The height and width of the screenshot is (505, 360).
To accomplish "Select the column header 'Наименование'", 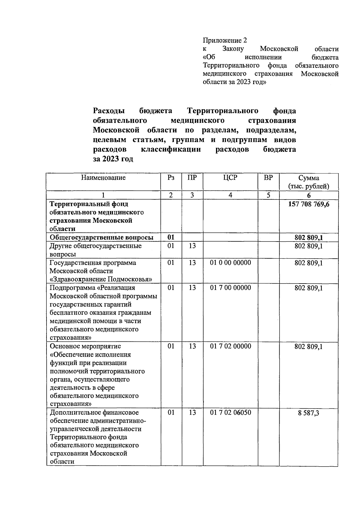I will [x=103, y=178].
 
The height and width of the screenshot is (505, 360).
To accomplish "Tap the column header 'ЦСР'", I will [x=230, y=178].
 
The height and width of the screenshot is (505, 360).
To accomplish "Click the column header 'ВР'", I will [x=268, y=178].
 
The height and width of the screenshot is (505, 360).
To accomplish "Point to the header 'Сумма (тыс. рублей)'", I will [x=308, y=182].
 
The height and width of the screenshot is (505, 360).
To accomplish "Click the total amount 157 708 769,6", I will [x=308, y=204].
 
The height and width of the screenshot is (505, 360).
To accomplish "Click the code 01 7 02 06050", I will [x=230, y=413].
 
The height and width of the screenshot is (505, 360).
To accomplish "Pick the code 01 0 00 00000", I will [x=230, y=263].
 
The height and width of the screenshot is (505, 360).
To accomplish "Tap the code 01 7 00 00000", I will [x=230, y=288].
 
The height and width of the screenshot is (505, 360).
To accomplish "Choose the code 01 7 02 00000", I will [x=230, y=346].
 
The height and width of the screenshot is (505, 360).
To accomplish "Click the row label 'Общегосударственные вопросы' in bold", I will [x=101, y=238].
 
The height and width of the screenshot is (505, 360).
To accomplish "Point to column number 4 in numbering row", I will [x=230, y=195].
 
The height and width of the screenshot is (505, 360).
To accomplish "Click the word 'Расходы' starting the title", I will [x=109, y=111].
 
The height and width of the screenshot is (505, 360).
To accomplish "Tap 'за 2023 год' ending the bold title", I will [x=113, y=159].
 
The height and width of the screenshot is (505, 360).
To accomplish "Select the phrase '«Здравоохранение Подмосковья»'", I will [x=101, y=279].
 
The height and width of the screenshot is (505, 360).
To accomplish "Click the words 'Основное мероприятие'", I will [x=85, y=346].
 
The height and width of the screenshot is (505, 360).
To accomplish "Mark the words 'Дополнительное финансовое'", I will [x=94, y=413].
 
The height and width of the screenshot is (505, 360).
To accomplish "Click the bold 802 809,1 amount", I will [x=308, y=238].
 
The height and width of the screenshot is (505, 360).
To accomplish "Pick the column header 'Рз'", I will [x=171, y=178].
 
